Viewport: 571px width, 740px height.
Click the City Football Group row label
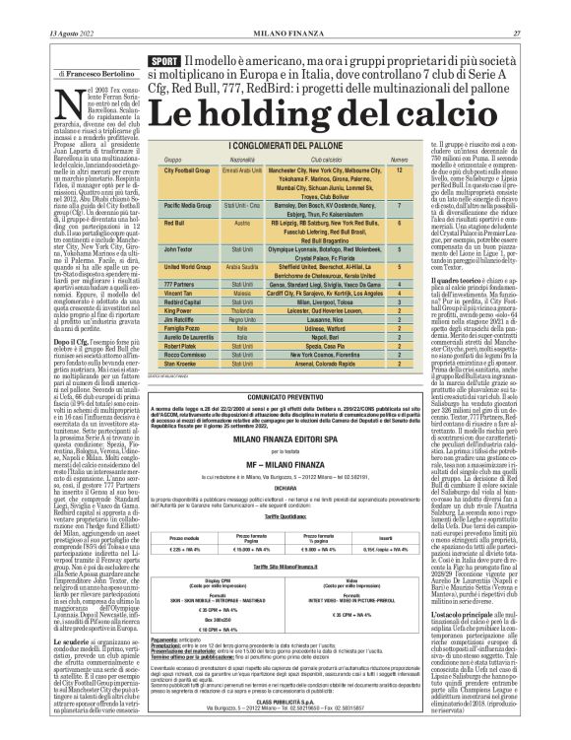pyautogui.click(x=191, y=170)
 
